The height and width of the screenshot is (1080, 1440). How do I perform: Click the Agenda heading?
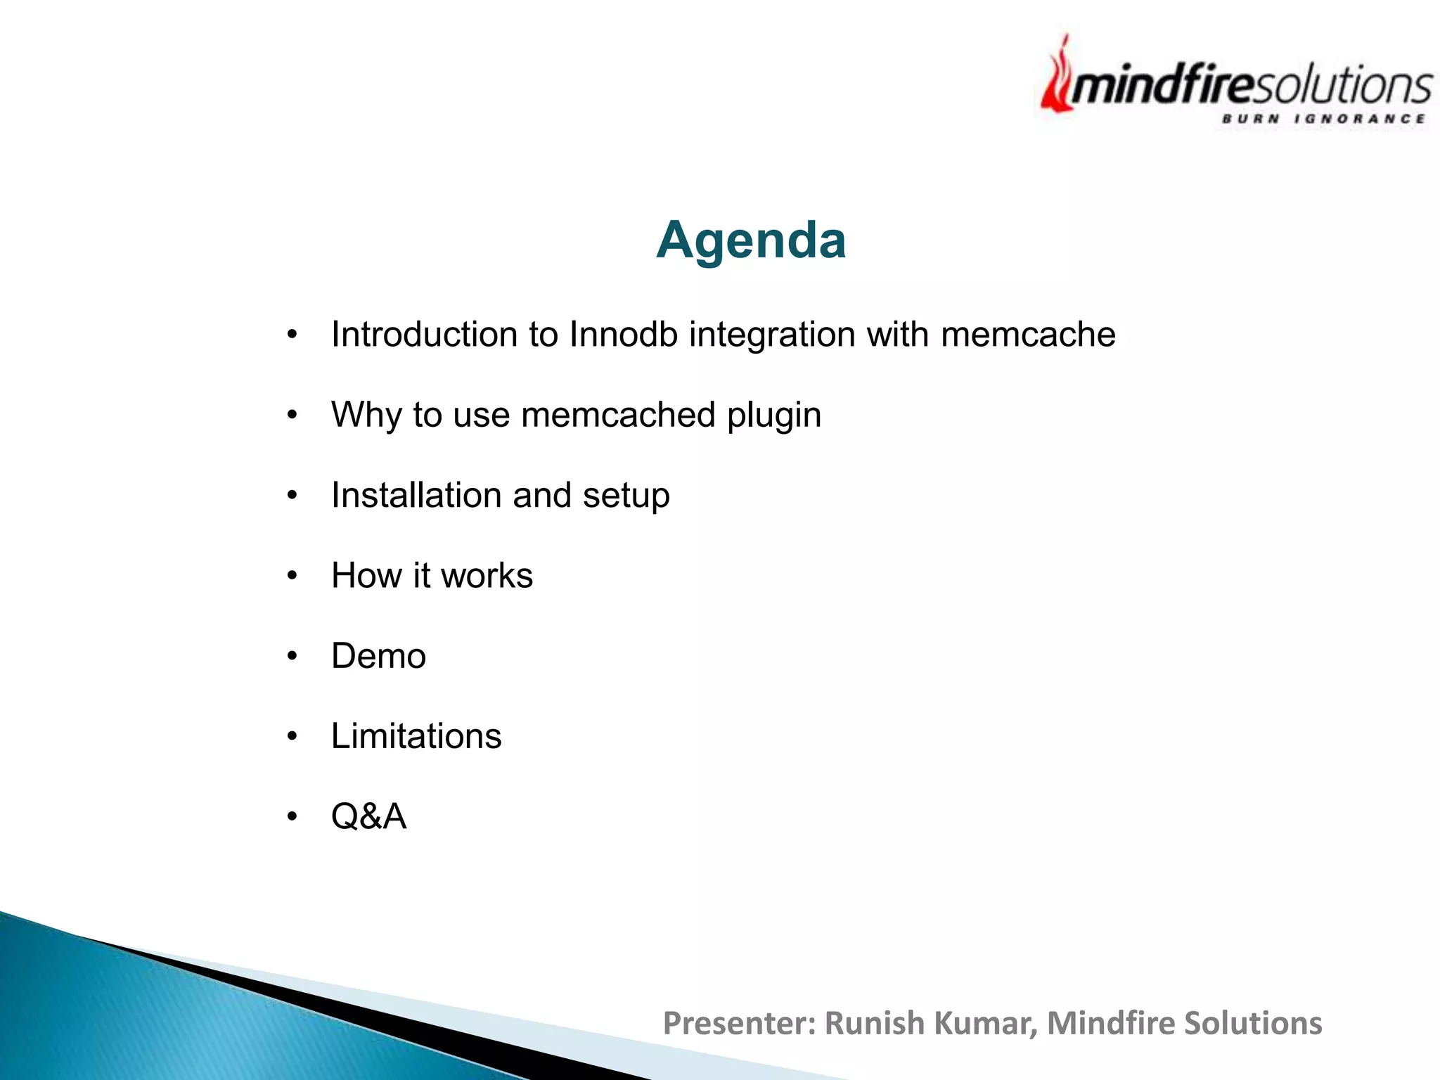pyautogui.click(x=750, y=240)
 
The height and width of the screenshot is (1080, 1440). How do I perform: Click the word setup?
pyautogui.click(x=626, y=496)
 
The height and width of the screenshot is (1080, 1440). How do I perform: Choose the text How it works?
pyautogui.click(x=432, y=576)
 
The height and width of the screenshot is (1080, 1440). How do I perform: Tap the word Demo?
pyautogui.click(x=378, y=656)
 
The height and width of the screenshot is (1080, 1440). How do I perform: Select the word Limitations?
pyautogui.click(x=416, y=736)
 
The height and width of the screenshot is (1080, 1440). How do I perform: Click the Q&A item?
pyautogui.click(x=368, y=816)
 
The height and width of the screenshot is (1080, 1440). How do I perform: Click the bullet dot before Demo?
pyautogui.click(x=292, y=657)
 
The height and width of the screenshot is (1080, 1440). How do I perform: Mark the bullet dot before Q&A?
pyautogui.click(x=292, y=817)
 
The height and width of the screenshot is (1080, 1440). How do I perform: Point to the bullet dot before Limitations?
pyautogui.click(x=292, y=737)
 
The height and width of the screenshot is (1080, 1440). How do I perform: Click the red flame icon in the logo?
pyautogui.click(x=1057, y=81)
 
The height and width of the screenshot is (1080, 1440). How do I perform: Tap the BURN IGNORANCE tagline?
pyautogui.click(x=1323, y=119)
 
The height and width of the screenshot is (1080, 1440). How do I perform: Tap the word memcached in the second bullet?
pyautogui.click(x=618, y=415)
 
